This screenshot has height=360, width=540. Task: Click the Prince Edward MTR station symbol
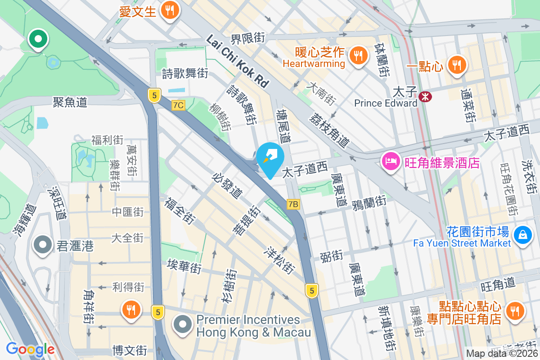(424, 96)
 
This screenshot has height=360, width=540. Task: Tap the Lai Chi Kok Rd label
(237, 62)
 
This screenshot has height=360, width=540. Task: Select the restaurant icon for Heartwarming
(358, 56)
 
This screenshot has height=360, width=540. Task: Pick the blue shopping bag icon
(523, 235)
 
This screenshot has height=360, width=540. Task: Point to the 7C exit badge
(178, 105)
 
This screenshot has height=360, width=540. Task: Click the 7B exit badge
(293, 204)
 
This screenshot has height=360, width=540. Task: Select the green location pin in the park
(38, 39)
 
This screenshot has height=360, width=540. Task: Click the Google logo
(30, 349)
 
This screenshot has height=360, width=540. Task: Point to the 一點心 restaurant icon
(457, 65)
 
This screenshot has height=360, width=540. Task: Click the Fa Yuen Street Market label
(462, 243)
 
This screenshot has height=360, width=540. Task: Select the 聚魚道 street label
(70, 102)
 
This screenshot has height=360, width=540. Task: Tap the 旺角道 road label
(498, 284)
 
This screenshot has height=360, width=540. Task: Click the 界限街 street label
(247, 38)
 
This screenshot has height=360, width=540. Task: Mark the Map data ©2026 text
(502, 354)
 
